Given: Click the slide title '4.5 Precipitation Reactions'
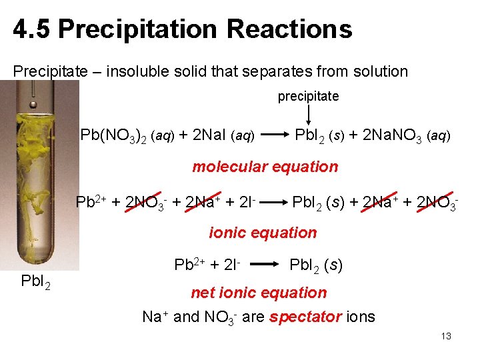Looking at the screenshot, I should click(x=182, y=30).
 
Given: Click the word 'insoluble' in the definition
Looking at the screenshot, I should click(x=150, y=71).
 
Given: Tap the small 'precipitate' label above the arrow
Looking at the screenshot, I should click(x=308, y=97).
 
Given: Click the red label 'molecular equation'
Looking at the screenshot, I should click(x=265, y=167).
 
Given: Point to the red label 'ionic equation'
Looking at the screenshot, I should click(x=263, y=233).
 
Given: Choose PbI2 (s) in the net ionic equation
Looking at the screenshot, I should click(x=316, y=265).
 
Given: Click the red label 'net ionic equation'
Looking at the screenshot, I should click(x=259, y=293).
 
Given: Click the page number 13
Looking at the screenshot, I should click(x=446, y=336).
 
